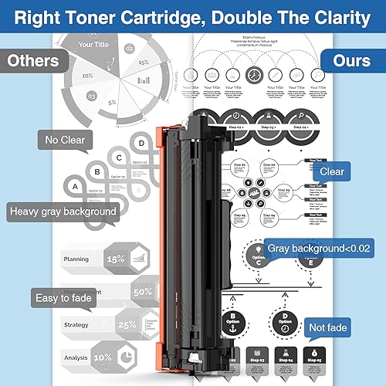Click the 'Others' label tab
tap(32, 60)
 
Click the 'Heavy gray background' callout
tap(63, 211)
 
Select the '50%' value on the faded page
tap(142, 293)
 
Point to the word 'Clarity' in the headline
tap(334, 18)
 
